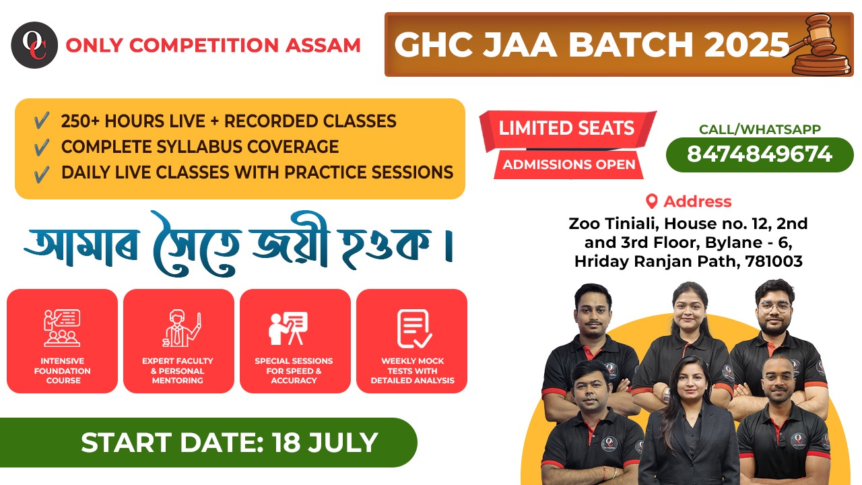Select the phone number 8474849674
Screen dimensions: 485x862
760,154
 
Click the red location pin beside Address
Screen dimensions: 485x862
651,201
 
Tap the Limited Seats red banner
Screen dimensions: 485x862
566,128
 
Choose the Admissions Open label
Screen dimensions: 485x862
569,164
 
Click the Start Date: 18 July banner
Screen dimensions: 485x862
229,443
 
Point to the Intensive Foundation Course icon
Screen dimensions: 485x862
62,327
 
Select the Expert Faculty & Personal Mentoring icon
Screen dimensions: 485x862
178,327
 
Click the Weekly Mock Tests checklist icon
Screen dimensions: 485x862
411,327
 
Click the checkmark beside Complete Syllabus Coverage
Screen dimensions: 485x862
41,147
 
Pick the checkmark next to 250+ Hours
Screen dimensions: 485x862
41,122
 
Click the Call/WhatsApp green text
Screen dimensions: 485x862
760,130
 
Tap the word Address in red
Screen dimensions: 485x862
697,201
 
